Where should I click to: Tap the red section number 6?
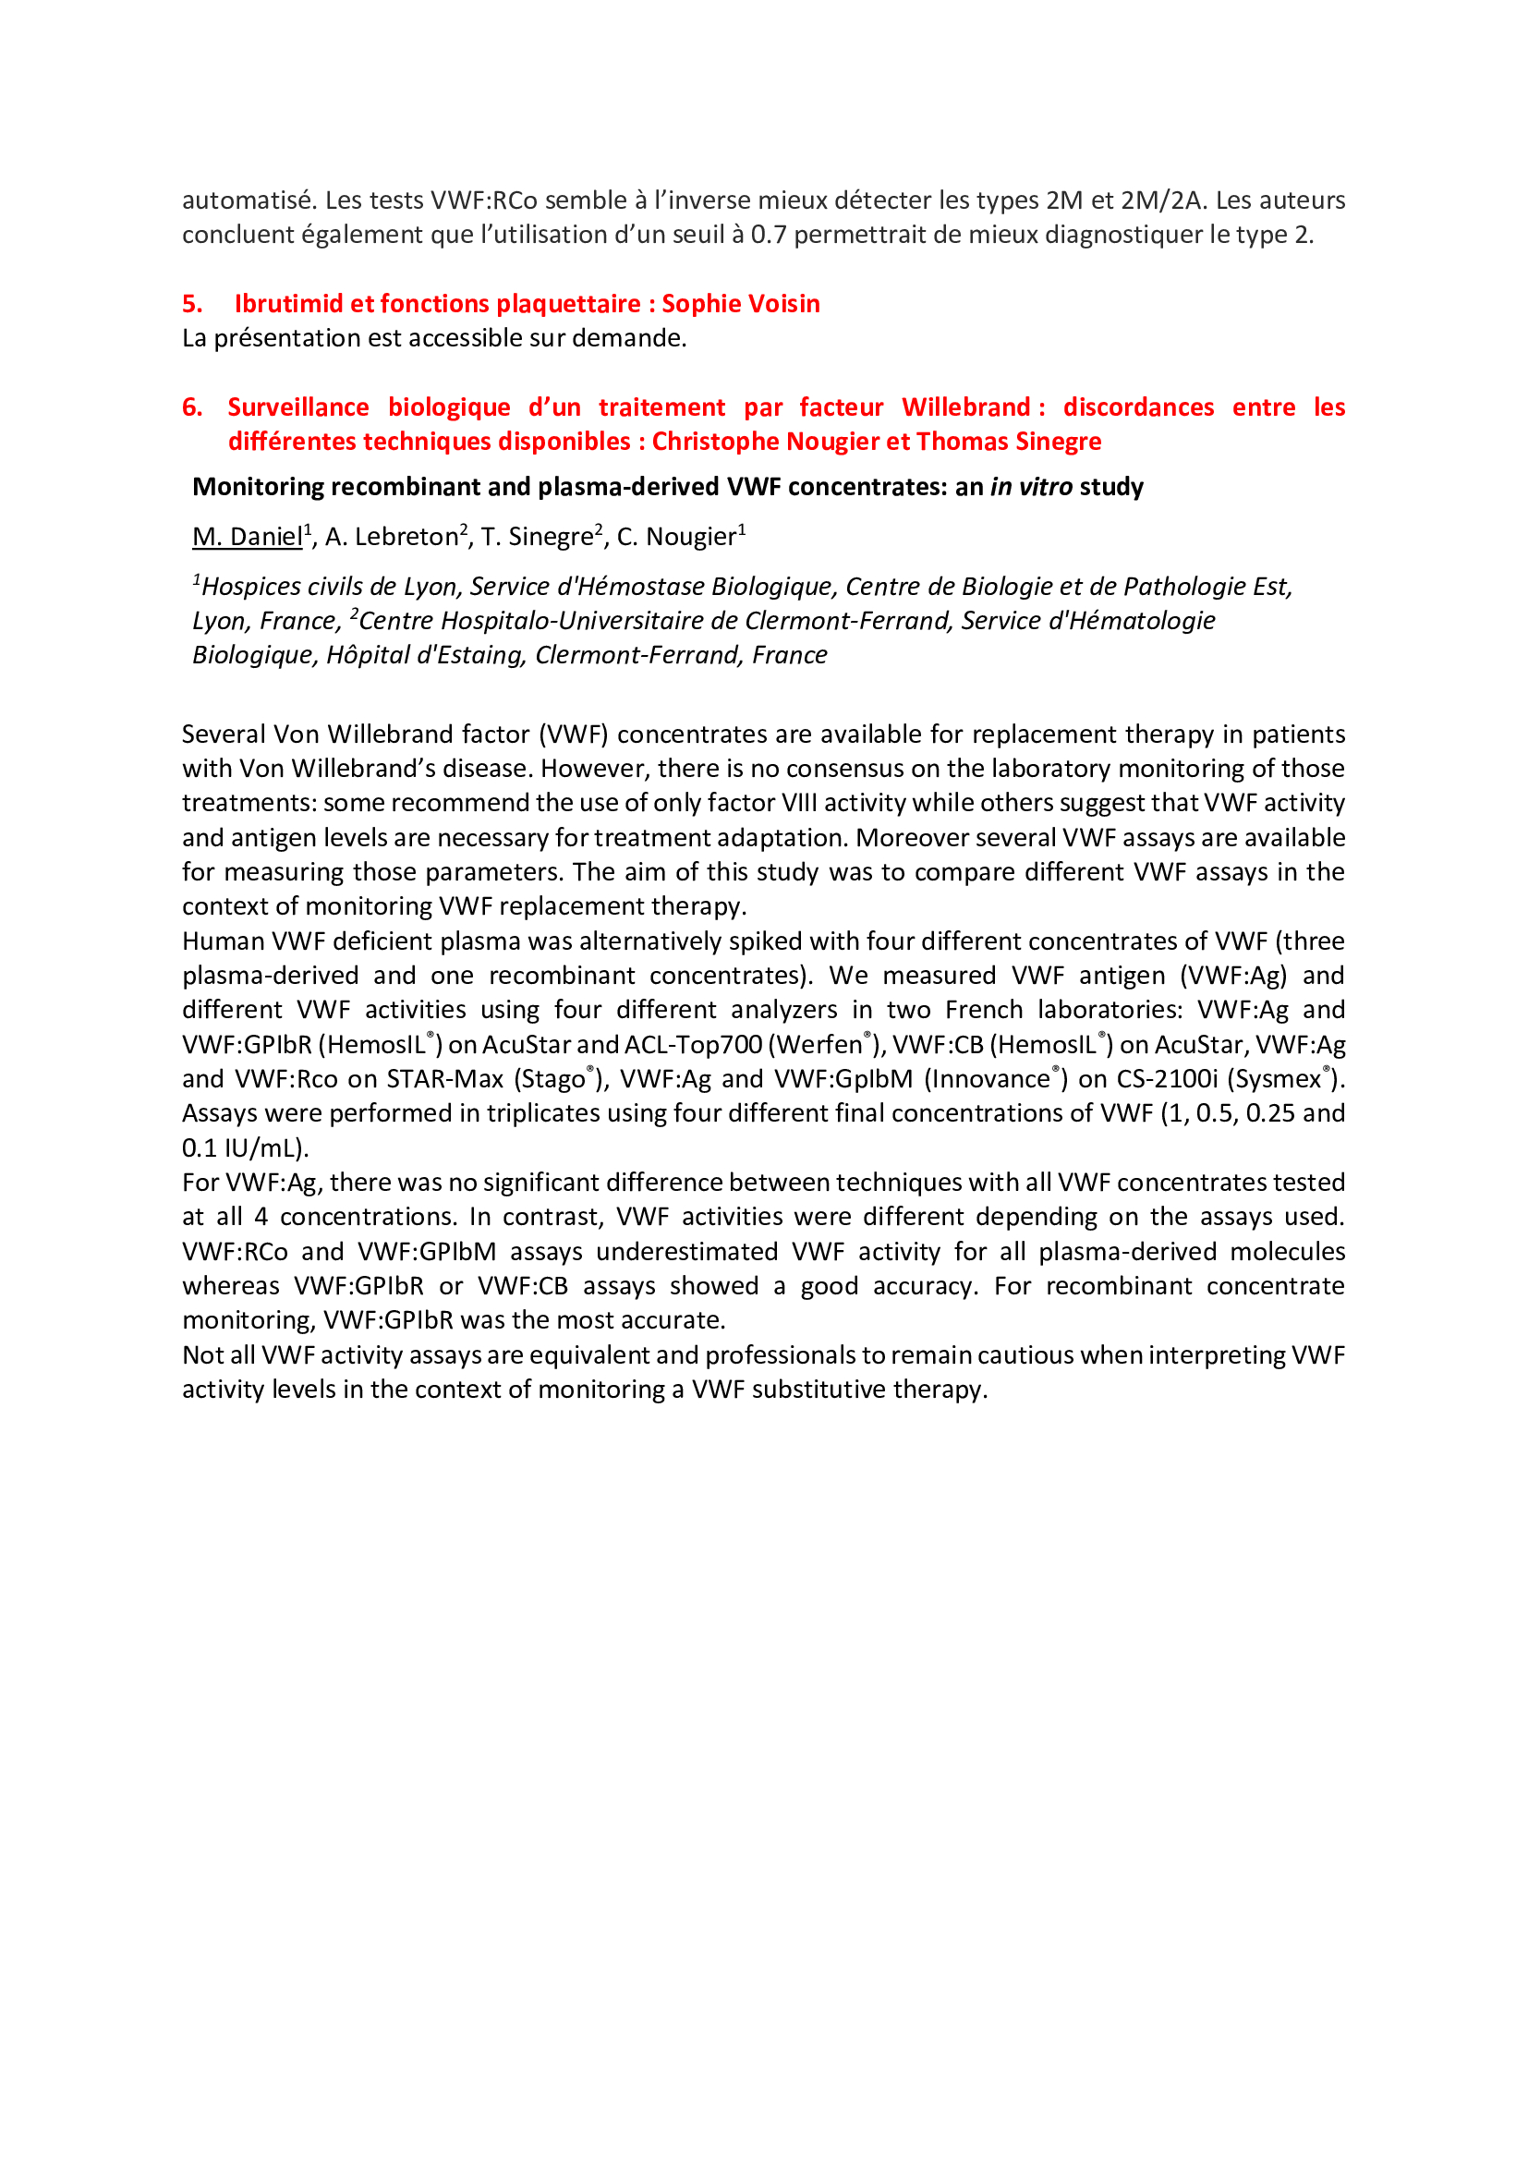click(x=192, y=407)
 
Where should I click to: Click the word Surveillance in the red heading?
click(x=298, y=407)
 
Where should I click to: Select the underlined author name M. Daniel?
click(x=248, y=537)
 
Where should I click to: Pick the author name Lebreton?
click(x=406, y=537)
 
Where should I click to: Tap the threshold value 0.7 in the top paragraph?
click(x=768, y=235)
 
